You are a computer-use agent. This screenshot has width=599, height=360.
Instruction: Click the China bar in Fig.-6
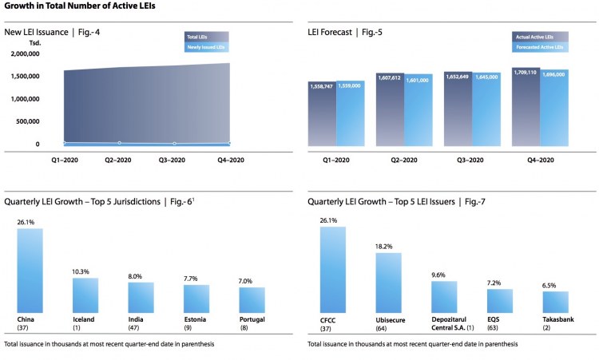coord(30,271)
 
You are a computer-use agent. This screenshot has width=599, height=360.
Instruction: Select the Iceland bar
coord(85,295)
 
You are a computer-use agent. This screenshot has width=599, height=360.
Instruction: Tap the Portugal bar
coord(252,300)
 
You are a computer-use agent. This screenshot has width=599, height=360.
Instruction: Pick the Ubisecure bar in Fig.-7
coord(388,283)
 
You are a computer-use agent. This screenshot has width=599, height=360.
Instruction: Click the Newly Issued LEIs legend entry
coord(206,47)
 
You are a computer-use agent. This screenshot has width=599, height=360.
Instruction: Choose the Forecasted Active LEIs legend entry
coord(541,47)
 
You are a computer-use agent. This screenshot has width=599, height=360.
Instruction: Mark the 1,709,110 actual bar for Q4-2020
coord(526,108)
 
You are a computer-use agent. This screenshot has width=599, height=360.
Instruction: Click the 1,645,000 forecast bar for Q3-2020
coord(486,110)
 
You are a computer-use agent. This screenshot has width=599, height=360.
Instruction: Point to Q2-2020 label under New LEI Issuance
coord(120,160)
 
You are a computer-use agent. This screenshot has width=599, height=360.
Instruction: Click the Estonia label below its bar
coord(196,318)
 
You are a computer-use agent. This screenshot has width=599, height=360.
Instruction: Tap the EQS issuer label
coord(495,318)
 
